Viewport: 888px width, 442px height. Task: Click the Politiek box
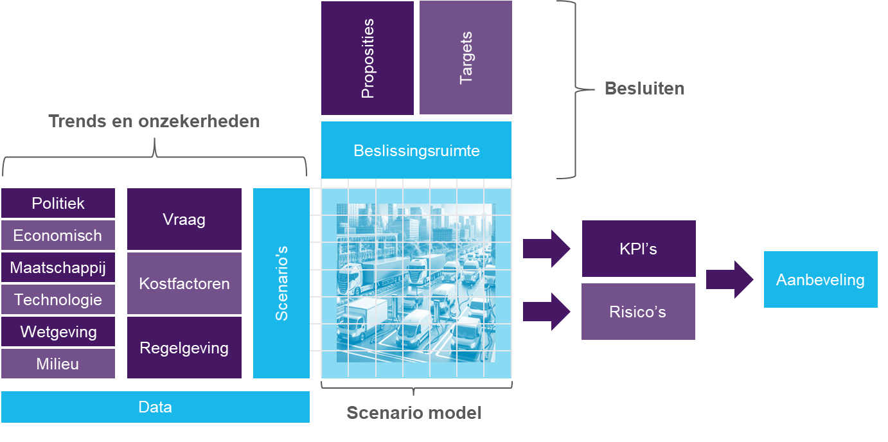[58, 203]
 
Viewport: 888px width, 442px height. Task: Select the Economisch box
[58, 235]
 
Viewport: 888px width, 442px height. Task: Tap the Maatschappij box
[58, 267]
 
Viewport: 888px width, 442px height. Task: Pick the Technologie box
[58, 299]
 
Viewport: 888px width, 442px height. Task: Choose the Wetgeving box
[58, 331]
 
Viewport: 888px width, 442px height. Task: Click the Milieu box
[58, 364]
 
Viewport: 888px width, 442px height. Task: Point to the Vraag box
[184, 219]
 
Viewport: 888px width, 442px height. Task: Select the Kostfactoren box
[184, 283]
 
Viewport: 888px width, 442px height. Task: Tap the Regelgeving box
[184, 348]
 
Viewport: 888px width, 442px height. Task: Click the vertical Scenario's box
[281, 283]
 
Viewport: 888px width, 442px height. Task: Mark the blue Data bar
[155, 407]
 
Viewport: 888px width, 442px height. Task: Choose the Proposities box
[368, 58]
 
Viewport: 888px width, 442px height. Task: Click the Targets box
[466, 58]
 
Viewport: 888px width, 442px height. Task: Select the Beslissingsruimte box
[416, 150]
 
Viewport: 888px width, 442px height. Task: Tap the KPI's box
[639, 249]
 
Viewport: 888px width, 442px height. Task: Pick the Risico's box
[638, 312]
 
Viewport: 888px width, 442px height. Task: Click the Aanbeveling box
[821, 279]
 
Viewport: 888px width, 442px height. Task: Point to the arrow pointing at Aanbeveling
[730, 279]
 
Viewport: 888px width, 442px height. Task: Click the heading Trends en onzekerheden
[155, 121]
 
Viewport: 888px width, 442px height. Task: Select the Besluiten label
[644, 89]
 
